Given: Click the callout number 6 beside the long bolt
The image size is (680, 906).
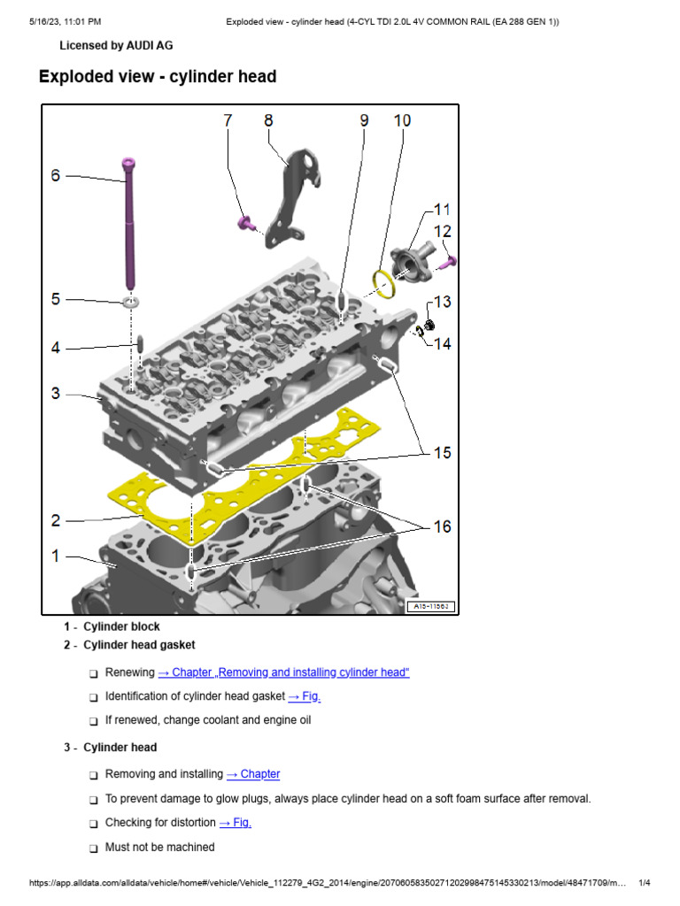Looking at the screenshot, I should (x=56, y=175).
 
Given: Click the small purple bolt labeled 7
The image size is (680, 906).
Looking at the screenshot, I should (x=243, y=221).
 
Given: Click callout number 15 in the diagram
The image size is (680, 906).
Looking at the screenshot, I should (x=441, y=452).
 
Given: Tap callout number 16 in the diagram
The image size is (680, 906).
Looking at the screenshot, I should (x=441, y=526).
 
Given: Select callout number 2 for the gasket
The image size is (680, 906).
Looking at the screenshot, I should (x=56, y=520).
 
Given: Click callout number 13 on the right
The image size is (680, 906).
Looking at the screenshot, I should (x=442, y=302).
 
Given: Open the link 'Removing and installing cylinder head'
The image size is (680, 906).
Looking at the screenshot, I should (x=283, y=672).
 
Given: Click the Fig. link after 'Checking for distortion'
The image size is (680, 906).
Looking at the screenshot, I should (x=235, y=823).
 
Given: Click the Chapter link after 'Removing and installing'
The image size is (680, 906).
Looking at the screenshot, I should (x=253, y=774).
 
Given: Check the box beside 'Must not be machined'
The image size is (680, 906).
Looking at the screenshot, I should (x=93, y=848).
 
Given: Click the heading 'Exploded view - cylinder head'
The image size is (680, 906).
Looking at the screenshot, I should (x=158, y=77).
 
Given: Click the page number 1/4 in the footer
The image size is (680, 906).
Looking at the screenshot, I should (x=644, y=883).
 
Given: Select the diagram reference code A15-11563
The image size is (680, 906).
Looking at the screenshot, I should (x=430, y=606).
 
